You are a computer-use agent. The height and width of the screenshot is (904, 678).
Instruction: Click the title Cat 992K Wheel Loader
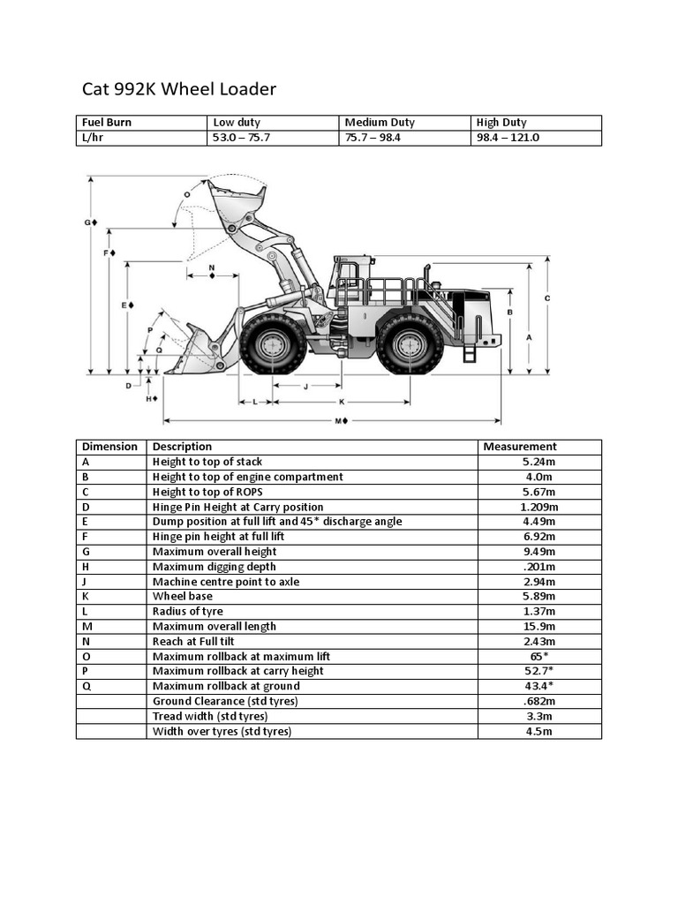[x=179, y=89]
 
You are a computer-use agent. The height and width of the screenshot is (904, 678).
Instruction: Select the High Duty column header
[x=501, y=123]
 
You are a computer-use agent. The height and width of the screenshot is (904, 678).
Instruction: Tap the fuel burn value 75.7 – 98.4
[x=373, y=138]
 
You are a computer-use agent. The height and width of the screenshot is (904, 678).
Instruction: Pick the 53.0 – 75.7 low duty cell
[x=241, y=138]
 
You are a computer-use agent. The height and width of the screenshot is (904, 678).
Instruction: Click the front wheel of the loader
[x=273, y=344]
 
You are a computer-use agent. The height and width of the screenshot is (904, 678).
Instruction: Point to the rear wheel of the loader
[x=410, y=344]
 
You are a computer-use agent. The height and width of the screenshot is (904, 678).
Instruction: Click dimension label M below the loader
[x=340, y=420]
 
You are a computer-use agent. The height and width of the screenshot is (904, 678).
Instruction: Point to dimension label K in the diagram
[x=342, y=402]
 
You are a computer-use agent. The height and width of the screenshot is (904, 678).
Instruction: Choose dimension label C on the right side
[x=547, y=298]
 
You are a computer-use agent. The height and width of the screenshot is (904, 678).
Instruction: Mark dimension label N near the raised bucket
[x=212, y=267]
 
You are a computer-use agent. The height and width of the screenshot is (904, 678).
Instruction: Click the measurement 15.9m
[x=539, y=627]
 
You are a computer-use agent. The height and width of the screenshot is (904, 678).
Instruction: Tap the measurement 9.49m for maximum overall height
[x=539, y=552]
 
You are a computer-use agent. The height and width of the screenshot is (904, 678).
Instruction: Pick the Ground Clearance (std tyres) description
[x=225, y=701]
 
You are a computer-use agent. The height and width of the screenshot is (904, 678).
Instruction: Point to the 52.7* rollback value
[x=539, y=671]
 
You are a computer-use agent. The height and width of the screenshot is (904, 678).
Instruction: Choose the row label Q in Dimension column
[x=86, y=686]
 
